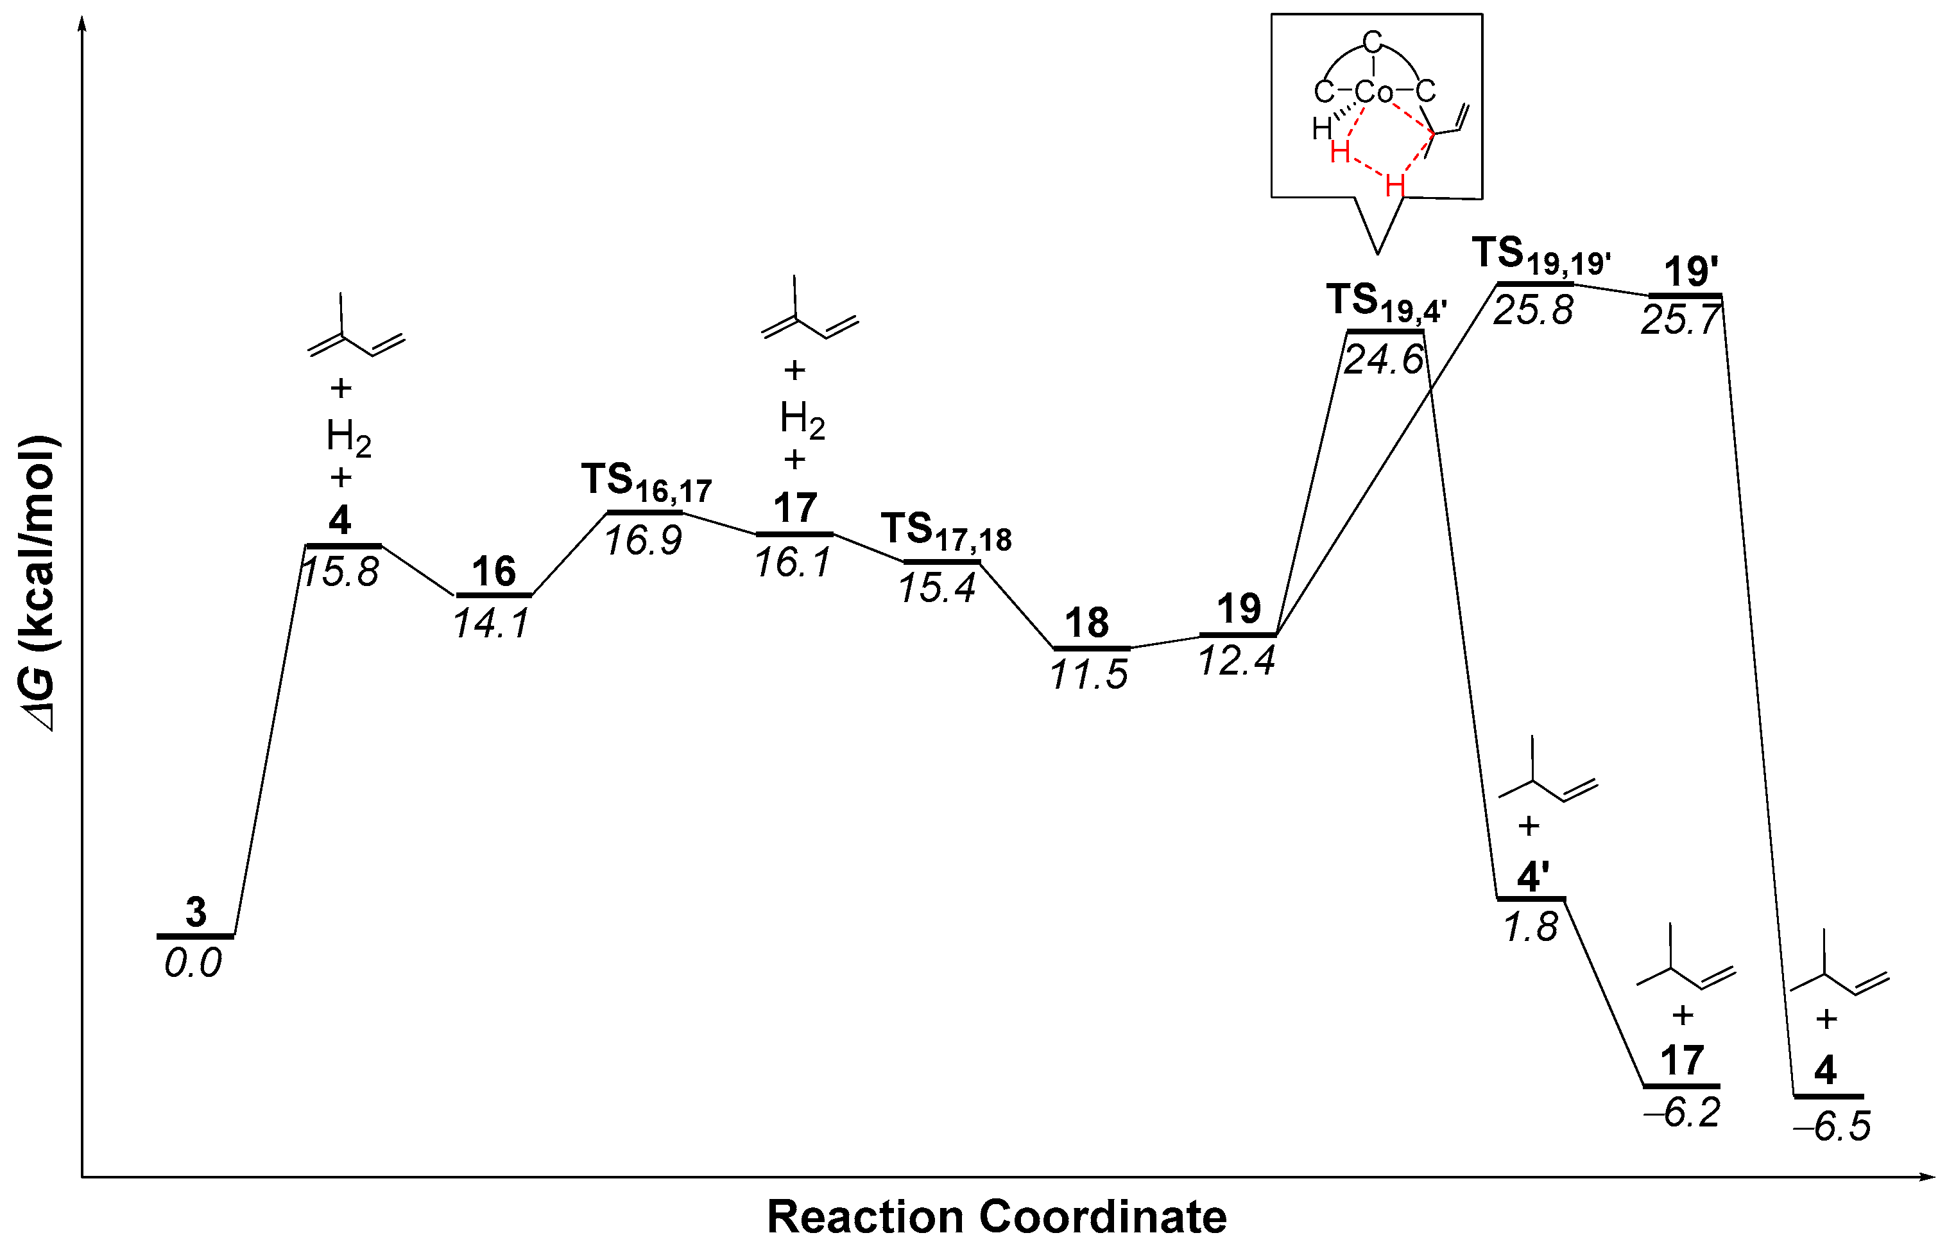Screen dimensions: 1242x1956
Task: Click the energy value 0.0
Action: (193, 964)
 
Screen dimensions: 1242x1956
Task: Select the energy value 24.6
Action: (1384, 359)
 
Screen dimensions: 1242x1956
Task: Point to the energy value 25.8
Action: (1533, 310)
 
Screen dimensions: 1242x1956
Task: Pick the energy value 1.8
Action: (1531, 927)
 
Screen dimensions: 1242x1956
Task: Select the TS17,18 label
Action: (947, 532)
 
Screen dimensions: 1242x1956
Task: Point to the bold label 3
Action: (196, 913)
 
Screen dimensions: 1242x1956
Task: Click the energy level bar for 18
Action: (1091, 648)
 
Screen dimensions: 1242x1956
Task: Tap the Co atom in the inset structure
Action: (1375, 92)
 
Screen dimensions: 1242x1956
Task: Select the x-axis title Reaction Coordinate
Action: (997, 1216)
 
